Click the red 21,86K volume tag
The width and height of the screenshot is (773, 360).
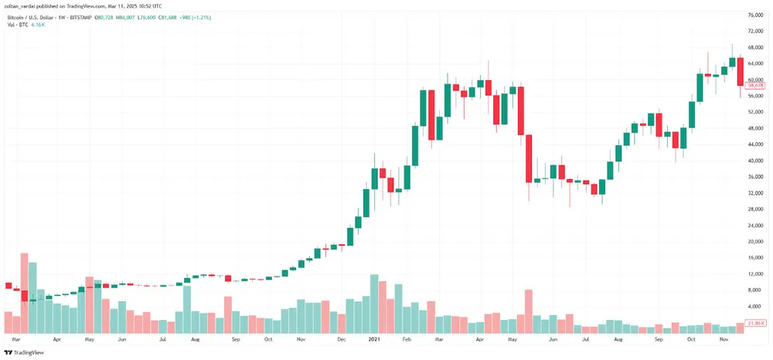[x=755, y=323]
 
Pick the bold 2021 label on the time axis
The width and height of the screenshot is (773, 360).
[x=373, y=339]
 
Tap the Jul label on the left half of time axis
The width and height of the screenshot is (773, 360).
[x=162, y=339]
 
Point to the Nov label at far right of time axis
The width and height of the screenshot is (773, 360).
[x=724, y=339]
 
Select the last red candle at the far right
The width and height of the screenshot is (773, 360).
[x=740, y=71]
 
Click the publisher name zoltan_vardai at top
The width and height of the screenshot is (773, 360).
[x=22, y=6]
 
